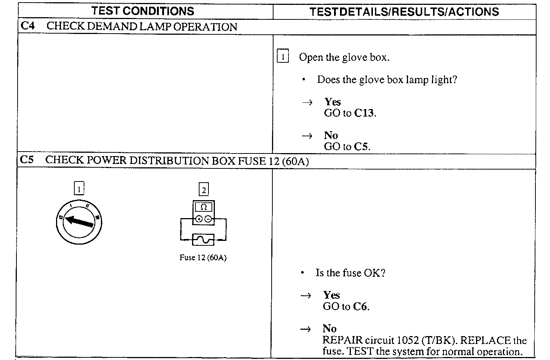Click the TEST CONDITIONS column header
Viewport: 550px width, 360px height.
(x=143, y=11)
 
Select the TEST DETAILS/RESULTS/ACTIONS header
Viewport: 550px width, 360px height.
(x=404, y=12)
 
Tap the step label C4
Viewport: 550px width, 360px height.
(x=27, y=26)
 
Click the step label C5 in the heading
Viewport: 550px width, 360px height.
(x=27, y=160)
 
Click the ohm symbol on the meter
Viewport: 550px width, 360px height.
(x=204, y=207)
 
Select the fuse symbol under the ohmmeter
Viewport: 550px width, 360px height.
(x=203, y=239)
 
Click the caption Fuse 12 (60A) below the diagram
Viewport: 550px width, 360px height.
(x=203, y=258)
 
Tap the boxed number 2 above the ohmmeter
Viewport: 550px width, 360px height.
(x=204, y=190)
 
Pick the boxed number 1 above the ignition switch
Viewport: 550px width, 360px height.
(x=79, y=189)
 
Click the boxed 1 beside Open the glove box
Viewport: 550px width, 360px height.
(x=283, y=57)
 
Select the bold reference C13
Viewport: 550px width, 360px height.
(x=364, y=113)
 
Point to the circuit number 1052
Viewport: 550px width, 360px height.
(x=408, y=340)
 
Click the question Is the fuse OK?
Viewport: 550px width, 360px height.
(x=350, y=273)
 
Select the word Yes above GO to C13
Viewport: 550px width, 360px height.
(x=332, y=102)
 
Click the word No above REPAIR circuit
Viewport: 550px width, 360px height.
(x=329, y=329)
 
